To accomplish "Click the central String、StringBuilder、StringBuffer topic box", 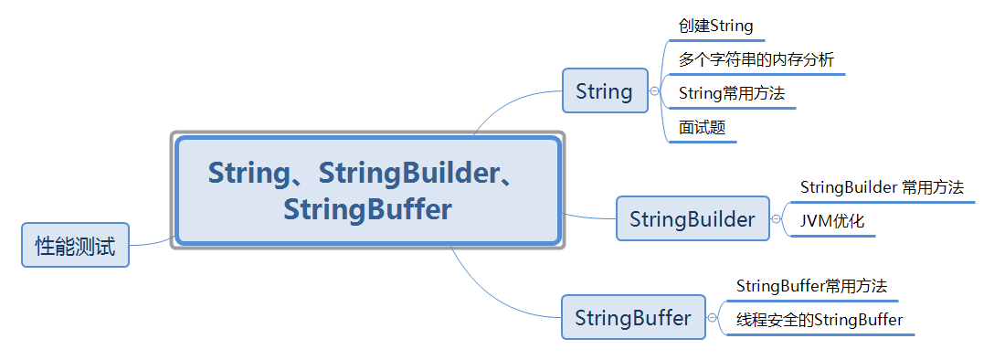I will [367, 191].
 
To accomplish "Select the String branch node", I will [604, 90].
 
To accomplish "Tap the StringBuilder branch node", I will [692, 218].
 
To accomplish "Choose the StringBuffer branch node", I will [632, 317].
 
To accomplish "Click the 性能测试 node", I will [75, 245].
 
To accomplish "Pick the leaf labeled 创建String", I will [715, 26].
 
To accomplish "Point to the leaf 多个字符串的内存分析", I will [756, 59].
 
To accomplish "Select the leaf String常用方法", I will [732, 93].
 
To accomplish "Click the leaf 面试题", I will [702, 127].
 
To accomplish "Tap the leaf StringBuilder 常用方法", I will [882, 187].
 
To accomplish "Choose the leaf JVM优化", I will [831, 221].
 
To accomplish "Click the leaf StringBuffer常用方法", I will [811, 286].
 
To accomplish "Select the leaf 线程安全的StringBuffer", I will [820, 320].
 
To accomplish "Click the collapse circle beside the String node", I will [654, 91].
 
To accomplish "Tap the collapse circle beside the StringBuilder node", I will [777, 219].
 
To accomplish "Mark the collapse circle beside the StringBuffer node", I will [713, 318].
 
